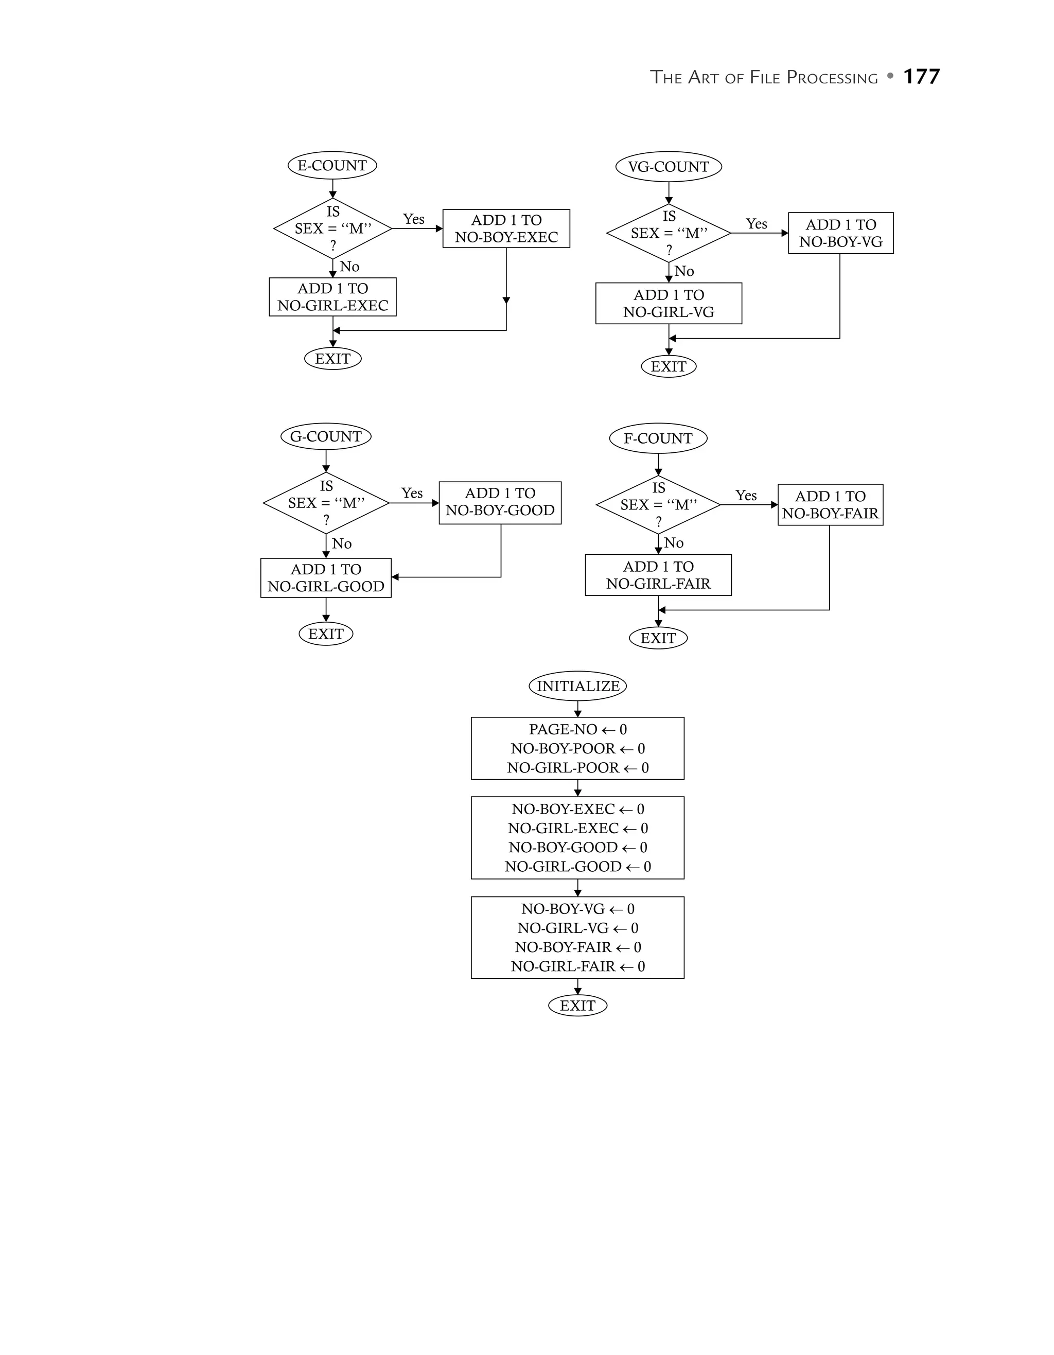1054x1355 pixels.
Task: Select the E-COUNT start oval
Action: (x=332, y=166)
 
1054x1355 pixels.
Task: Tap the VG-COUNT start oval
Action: (x=668, y=167)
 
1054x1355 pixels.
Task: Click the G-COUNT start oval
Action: (x=326, y=437)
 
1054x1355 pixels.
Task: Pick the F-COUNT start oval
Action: (x=658, y=438)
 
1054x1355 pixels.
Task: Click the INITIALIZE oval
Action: (x=577, y=686)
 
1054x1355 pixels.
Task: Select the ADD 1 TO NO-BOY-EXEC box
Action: (x=506, y=229)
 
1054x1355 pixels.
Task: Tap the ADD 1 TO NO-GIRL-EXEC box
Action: (x=332, y=297)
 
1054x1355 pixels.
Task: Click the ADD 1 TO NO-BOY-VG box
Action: (x=840, y=233)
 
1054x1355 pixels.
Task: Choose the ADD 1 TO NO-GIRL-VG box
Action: (x=668, y=304)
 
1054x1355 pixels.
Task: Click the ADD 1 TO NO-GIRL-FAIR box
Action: (x=658, y=575)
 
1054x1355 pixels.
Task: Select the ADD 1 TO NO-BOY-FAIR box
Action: (x=830, y=505)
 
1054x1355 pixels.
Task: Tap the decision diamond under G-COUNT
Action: (x=326, y=503)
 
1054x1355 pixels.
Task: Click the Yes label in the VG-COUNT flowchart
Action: (x=756, y=224)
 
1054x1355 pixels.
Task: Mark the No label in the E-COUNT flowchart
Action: (x=349, y=267)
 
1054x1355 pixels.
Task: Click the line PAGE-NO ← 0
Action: (x=577, y=730)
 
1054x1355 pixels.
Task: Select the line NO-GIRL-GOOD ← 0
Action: (x=577, y=867)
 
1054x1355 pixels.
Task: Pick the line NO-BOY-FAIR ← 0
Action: (x=577, y=947)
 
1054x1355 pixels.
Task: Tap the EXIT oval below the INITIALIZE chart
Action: (x=577, y=1006)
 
